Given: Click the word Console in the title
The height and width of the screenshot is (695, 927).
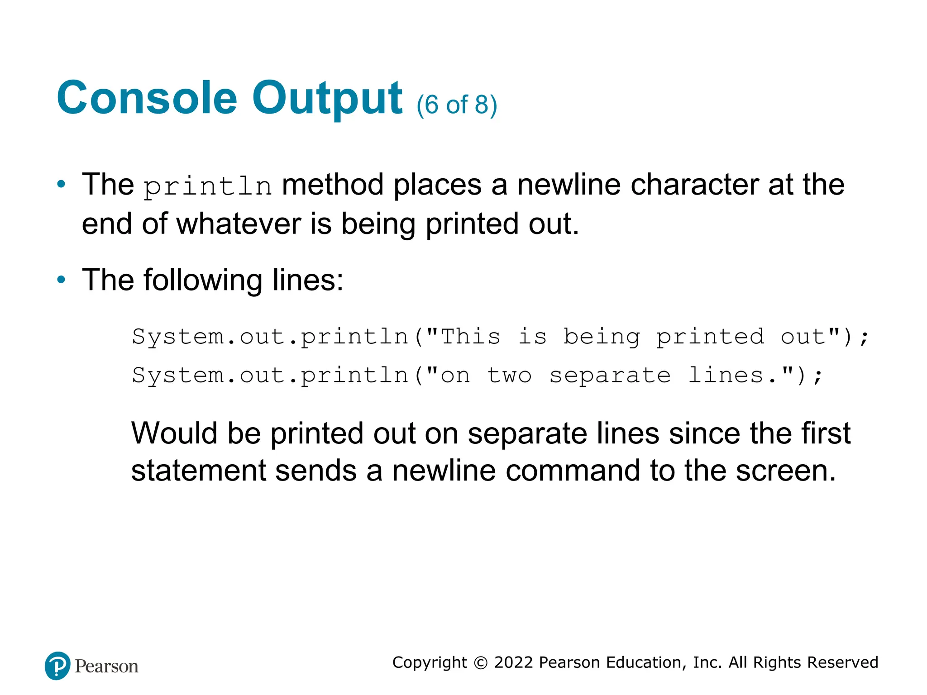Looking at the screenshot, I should [147, 98].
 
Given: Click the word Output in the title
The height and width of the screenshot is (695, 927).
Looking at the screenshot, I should [327, 98].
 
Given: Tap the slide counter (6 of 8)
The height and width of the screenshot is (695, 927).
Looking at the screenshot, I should [457, 105].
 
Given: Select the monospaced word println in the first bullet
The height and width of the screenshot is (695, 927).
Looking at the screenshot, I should [208, 186].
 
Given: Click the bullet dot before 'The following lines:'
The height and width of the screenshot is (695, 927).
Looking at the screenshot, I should [61, 280].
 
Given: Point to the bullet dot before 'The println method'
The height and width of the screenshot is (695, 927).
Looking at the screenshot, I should [61, 184].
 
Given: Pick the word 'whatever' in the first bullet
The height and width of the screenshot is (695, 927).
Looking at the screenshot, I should [239, 224].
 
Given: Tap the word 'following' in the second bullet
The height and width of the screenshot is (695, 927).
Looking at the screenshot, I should [203, 280].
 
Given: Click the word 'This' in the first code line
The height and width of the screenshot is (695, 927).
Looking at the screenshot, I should [470, 337].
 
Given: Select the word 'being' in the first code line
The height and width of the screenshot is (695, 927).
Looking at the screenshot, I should [602, 338].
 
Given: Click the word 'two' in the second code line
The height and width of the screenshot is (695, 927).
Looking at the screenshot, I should [509, 376].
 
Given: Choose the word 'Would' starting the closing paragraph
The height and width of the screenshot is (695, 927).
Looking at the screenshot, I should [174, 433].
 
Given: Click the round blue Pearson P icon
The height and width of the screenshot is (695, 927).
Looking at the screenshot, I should [57, 666].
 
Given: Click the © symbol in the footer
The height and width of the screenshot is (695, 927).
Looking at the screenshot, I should [480, 663].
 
